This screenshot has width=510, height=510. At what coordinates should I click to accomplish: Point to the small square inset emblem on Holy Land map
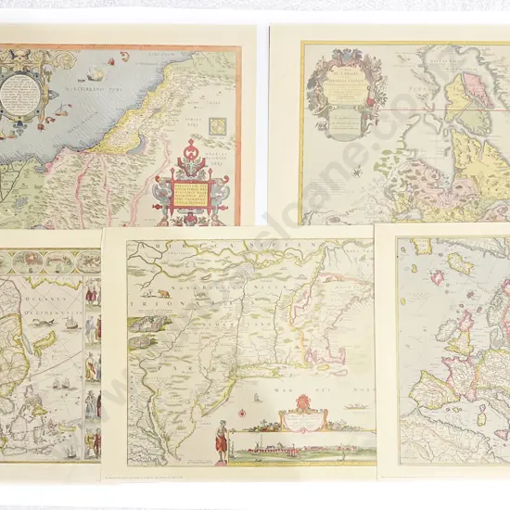tap(218, 126)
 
